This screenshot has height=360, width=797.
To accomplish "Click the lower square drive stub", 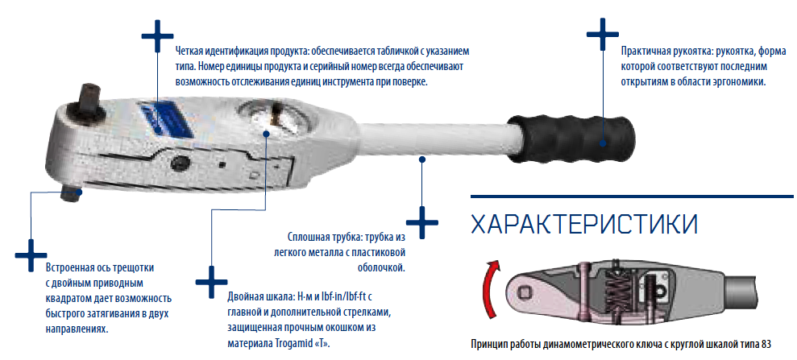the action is [x=70, y=194].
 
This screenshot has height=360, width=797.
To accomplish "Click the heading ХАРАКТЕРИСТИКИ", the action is [x=584, y=224].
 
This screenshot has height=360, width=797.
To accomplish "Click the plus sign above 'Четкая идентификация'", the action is [x=158, y=36].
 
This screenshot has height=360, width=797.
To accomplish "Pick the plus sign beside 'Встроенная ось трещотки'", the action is [x=31, y=254].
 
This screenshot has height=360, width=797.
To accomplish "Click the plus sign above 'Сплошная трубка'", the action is [x=422, y=222].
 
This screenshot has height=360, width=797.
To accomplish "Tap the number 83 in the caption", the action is [x=766, y=344].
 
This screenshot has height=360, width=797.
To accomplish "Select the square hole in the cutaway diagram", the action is [x=525, y=292].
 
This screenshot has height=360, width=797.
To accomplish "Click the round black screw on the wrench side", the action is [x=181, y=163].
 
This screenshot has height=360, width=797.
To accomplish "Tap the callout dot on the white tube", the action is [x=421, y=159].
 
